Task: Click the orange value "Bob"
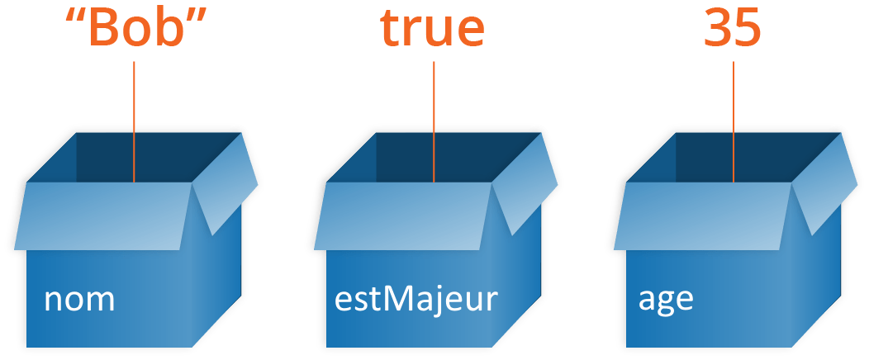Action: pos(135,30)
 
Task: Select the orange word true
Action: pos(432,30)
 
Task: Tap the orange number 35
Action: pos(733,30)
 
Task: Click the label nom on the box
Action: pos(79,300)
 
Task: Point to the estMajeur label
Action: pos(416,299)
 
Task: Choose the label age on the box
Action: pos(666,300)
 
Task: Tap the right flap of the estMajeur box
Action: pos(522,186)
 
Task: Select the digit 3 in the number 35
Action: pos(717,30)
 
